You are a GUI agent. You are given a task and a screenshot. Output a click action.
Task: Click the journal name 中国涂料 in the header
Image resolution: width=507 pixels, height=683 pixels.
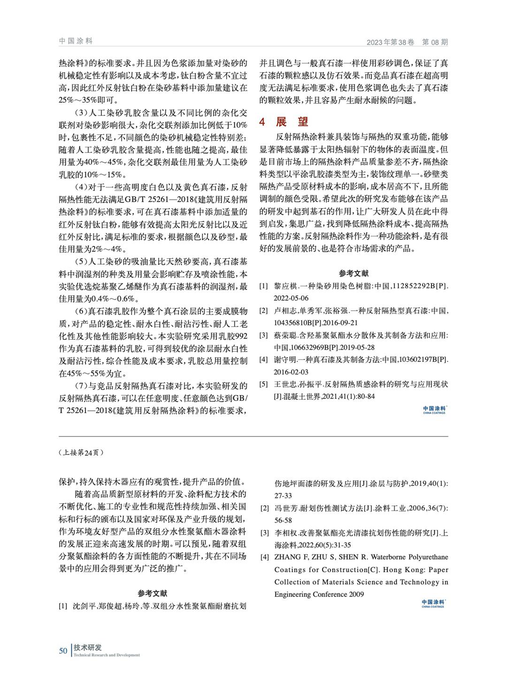[x=76, y=41]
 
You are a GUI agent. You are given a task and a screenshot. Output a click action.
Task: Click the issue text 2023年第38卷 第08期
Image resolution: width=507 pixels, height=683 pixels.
[x=407, y=42]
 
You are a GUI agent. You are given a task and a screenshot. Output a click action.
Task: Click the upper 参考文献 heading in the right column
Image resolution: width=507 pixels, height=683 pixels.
[x=353, y=273]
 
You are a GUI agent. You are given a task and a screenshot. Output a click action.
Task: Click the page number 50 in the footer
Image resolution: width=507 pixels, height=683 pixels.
[x=63, y=651]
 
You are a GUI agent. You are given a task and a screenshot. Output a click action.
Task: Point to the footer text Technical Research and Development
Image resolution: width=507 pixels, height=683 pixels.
[x=107, y=655]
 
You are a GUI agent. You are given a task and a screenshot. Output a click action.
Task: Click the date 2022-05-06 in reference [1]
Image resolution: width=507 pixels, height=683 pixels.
[x=291, y=298]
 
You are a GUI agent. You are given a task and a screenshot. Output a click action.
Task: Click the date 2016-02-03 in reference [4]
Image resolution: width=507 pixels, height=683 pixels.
[x=291, y=372]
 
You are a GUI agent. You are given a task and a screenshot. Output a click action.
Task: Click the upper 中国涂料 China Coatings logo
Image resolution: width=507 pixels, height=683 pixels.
[x=434, y=409]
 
